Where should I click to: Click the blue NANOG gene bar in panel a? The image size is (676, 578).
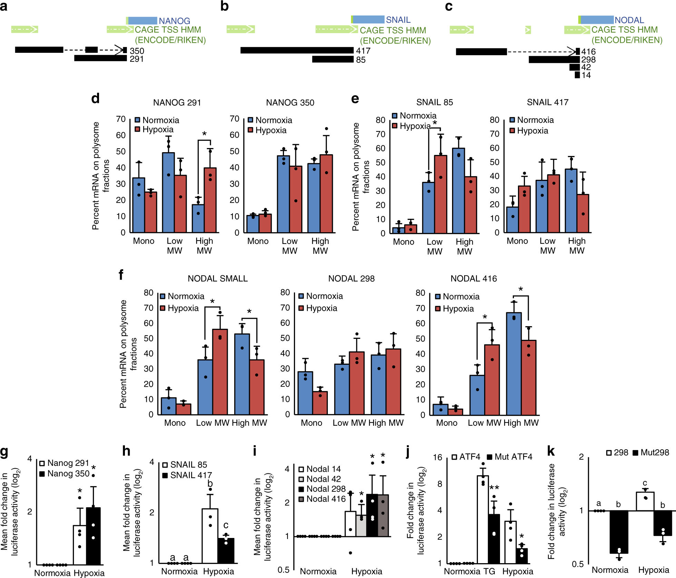(x=142, y=21)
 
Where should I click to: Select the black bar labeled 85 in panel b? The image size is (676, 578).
(x=333, y=59)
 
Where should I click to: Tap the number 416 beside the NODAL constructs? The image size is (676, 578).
(x=588, y=52)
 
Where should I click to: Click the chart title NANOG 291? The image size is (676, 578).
(x=177, y=103)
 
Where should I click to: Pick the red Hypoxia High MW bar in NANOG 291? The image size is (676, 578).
(x=210, y=200)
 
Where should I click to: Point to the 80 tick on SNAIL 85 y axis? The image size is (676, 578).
(x=380, y=120)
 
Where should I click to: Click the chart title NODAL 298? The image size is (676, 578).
(x=351, y=278)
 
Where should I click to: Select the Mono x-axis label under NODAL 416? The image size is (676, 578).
(x=447, y=423)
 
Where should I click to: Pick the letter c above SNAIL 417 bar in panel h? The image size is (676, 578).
(x=226, y=525)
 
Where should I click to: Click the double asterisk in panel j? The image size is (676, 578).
(x=494, y=488)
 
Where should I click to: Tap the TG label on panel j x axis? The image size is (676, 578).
(x=489, y=571)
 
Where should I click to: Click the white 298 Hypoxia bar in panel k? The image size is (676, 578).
(x=645, y=501)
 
